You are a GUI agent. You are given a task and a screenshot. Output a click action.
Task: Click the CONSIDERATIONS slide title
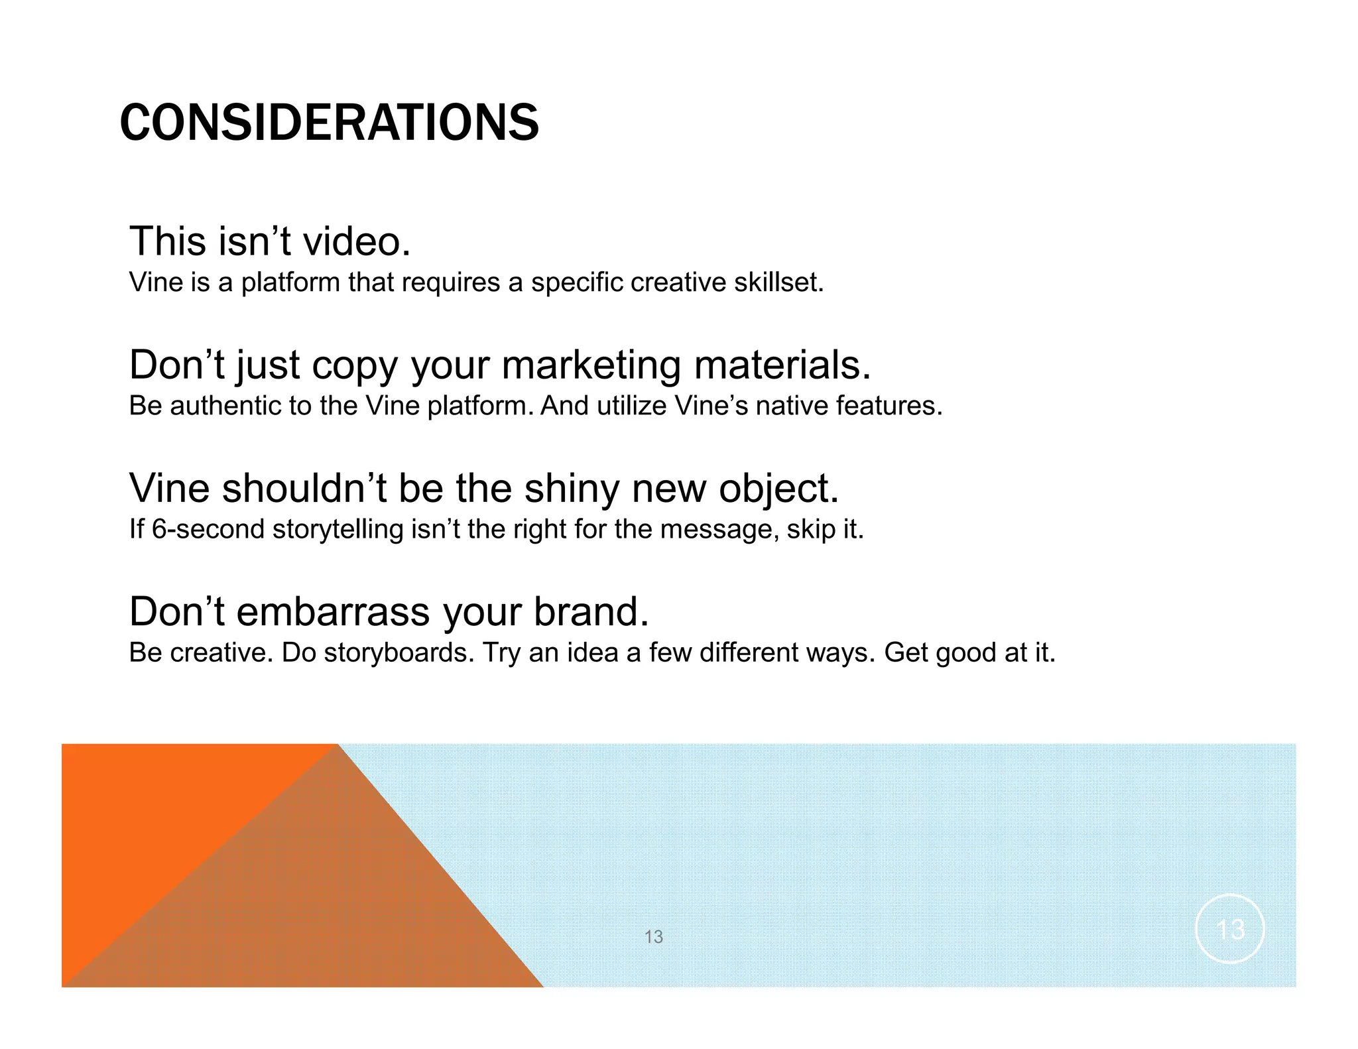click(x=329, y=123)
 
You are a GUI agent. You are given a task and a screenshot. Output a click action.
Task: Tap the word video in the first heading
click(x=356, y=241)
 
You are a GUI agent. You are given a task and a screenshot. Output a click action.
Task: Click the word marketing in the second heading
click(x=591, y=366)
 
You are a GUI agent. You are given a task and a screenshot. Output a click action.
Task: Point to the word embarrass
click(x=333, y=611)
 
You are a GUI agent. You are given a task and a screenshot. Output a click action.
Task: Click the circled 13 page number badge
click(x=1230, y=929)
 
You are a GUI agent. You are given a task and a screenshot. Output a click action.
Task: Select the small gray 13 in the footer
click(x=653, y=937)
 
